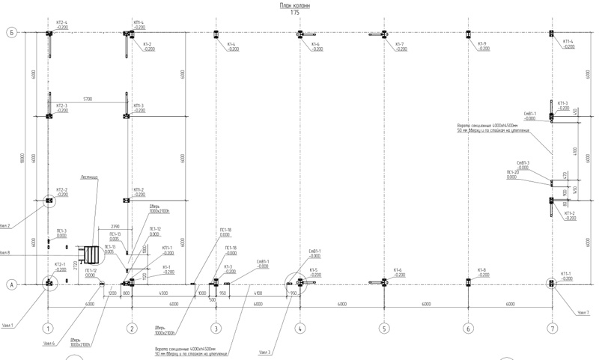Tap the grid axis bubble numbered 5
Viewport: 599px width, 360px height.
383,328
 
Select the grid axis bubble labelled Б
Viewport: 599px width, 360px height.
12,33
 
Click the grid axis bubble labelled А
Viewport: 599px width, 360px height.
12,284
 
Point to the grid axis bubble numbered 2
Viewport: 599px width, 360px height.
132,328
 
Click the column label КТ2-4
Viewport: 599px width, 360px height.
61,23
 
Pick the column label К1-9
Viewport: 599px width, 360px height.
482,44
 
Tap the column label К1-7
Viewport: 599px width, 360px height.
399,44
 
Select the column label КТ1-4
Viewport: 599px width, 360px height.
567,42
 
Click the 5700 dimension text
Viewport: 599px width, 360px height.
88,99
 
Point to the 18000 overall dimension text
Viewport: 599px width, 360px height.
23,158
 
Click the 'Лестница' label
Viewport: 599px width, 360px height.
89,177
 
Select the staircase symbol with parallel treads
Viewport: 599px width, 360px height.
91,254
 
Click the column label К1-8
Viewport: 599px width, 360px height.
482,269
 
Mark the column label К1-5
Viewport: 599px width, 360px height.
313,269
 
